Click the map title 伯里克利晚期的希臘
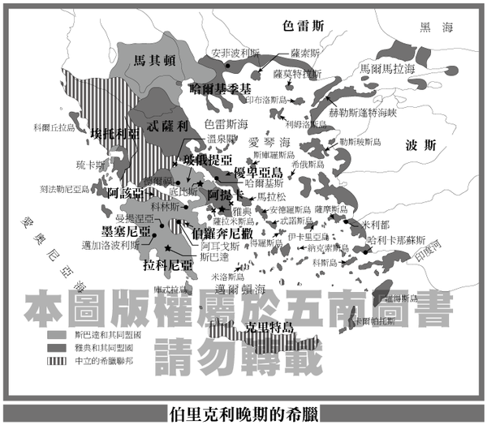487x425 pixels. coord(243,410)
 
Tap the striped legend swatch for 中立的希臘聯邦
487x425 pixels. coord(55,359)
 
